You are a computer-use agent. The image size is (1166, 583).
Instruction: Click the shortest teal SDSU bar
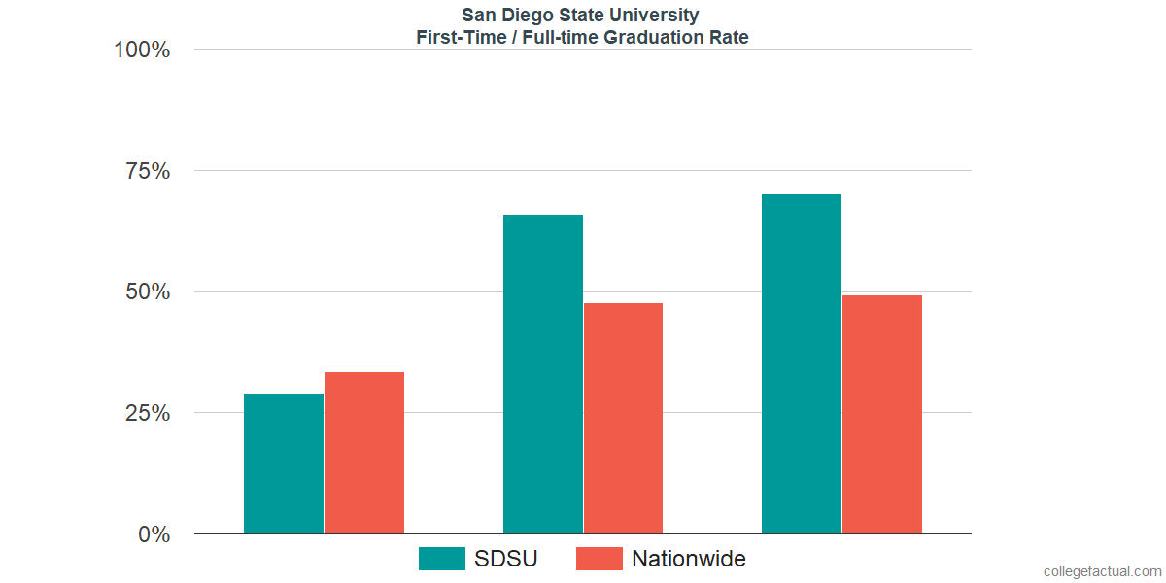[x=284, y=463]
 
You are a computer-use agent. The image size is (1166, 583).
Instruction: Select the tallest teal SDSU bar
[x=802, y=364]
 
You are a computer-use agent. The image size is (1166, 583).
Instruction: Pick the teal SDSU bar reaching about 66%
[x=542, y=374]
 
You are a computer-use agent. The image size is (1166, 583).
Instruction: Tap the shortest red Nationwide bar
[x=364, y=453]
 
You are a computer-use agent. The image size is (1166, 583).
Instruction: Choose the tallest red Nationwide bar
[x=882, y=415]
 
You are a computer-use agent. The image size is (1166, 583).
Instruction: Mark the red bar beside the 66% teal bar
[x=623, y=419]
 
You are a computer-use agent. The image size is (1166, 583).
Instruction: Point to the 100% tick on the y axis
[x=142, y=50]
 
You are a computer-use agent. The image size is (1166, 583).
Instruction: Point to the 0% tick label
[x=154, y=534]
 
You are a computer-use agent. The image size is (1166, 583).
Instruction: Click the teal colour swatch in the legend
[x=442, y=559]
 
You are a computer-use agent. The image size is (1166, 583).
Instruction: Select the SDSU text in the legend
[x=505, y=559]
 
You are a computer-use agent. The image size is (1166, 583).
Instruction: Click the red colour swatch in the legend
[x=600, y=559]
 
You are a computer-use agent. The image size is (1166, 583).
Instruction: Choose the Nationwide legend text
[x=689, y=559]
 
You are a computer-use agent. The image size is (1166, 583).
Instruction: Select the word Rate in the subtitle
[x=729, y=38]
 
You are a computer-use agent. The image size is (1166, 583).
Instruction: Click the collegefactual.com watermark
[x=1102, y=571]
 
